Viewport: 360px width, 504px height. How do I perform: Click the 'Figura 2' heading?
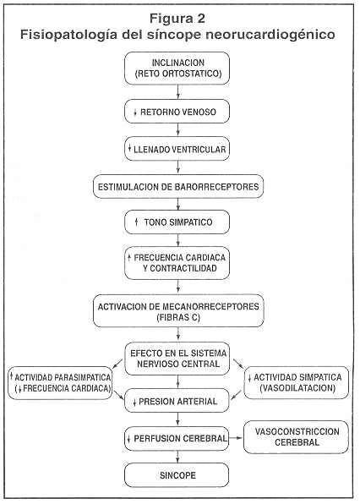pos(177,19)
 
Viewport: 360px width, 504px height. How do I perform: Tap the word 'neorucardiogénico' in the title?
pos(270,35)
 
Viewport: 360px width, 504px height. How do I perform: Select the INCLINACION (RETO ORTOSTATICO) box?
pos(177,68)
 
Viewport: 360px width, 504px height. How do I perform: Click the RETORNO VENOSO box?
pos(177,112)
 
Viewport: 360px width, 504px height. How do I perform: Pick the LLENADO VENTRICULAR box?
pos(177,149)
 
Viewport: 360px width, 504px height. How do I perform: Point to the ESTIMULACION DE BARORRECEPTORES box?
pos(178,186)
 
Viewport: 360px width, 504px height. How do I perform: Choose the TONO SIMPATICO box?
pos(177,222)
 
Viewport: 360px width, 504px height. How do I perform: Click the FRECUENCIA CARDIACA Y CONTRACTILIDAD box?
pos(177,263)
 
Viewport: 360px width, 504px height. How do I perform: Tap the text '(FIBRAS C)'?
pos(178,318)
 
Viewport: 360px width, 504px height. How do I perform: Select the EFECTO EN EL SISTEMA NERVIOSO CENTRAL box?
pos(177,359)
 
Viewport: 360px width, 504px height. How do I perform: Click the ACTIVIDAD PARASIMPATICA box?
pos(60,383)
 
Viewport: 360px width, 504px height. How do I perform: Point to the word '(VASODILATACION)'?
pos(297,388)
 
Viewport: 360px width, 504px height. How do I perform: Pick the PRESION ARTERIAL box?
pos(177,401)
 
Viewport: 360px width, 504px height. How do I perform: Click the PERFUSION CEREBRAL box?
pos(177,438)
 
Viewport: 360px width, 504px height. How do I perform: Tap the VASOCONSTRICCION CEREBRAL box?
pos(296,437)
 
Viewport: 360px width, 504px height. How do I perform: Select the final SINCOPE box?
pos(177,475)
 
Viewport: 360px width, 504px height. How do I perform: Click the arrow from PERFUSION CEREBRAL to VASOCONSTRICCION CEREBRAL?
pos(236,438)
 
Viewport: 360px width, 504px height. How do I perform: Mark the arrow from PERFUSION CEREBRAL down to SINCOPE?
pos(177,457)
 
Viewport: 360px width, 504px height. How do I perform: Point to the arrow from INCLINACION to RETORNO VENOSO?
pos(178,92)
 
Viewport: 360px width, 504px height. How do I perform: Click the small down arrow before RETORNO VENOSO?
pos(135,112)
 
